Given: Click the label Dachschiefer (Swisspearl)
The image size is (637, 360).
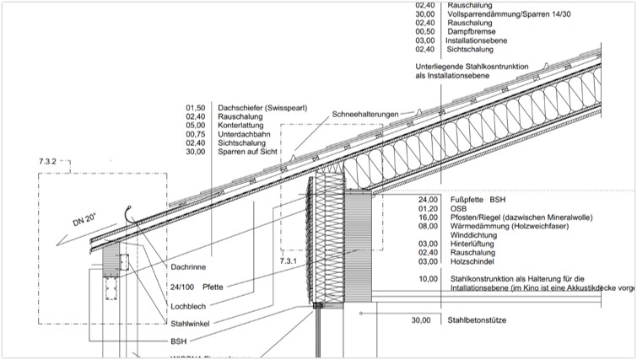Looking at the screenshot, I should (262, 108).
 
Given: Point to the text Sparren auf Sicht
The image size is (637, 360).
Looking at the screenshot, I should (250, 152).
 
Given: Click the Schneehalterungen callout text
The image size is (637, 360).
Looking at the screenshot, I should (370, 113).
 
